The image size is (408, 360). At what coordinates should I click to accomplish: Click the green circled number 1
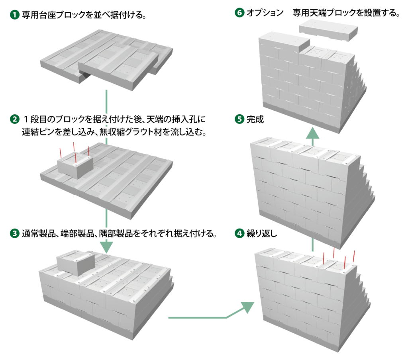tap(15, 15)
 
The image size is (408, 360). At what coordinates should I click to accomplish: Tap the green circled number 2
tap(15, 119)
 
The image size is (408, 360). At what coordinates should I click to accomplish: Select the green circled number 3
tap(15, 233)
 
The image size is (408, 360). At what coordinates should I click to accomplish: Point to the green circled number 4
tap(239, 233)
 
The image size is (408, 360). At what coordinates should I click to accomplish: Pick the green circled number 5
tap(239, 119)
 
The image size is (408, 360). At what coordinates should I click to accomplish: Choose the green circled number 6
tap(239, 12)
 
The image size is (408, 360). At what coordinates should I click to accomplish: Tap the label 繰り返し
tap(262, 233)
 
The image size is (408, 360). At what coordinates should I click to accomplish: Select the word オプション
tap(265, 12)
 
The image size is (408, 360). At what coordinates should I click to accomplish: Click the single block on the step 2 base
tap(75, 165)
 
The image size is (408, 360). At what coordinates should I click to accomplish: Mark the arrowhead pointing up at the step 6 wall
tap(312, 133)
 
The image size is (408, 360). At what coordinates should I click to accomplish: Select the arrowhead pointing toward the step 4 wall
tap(248, 307)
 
